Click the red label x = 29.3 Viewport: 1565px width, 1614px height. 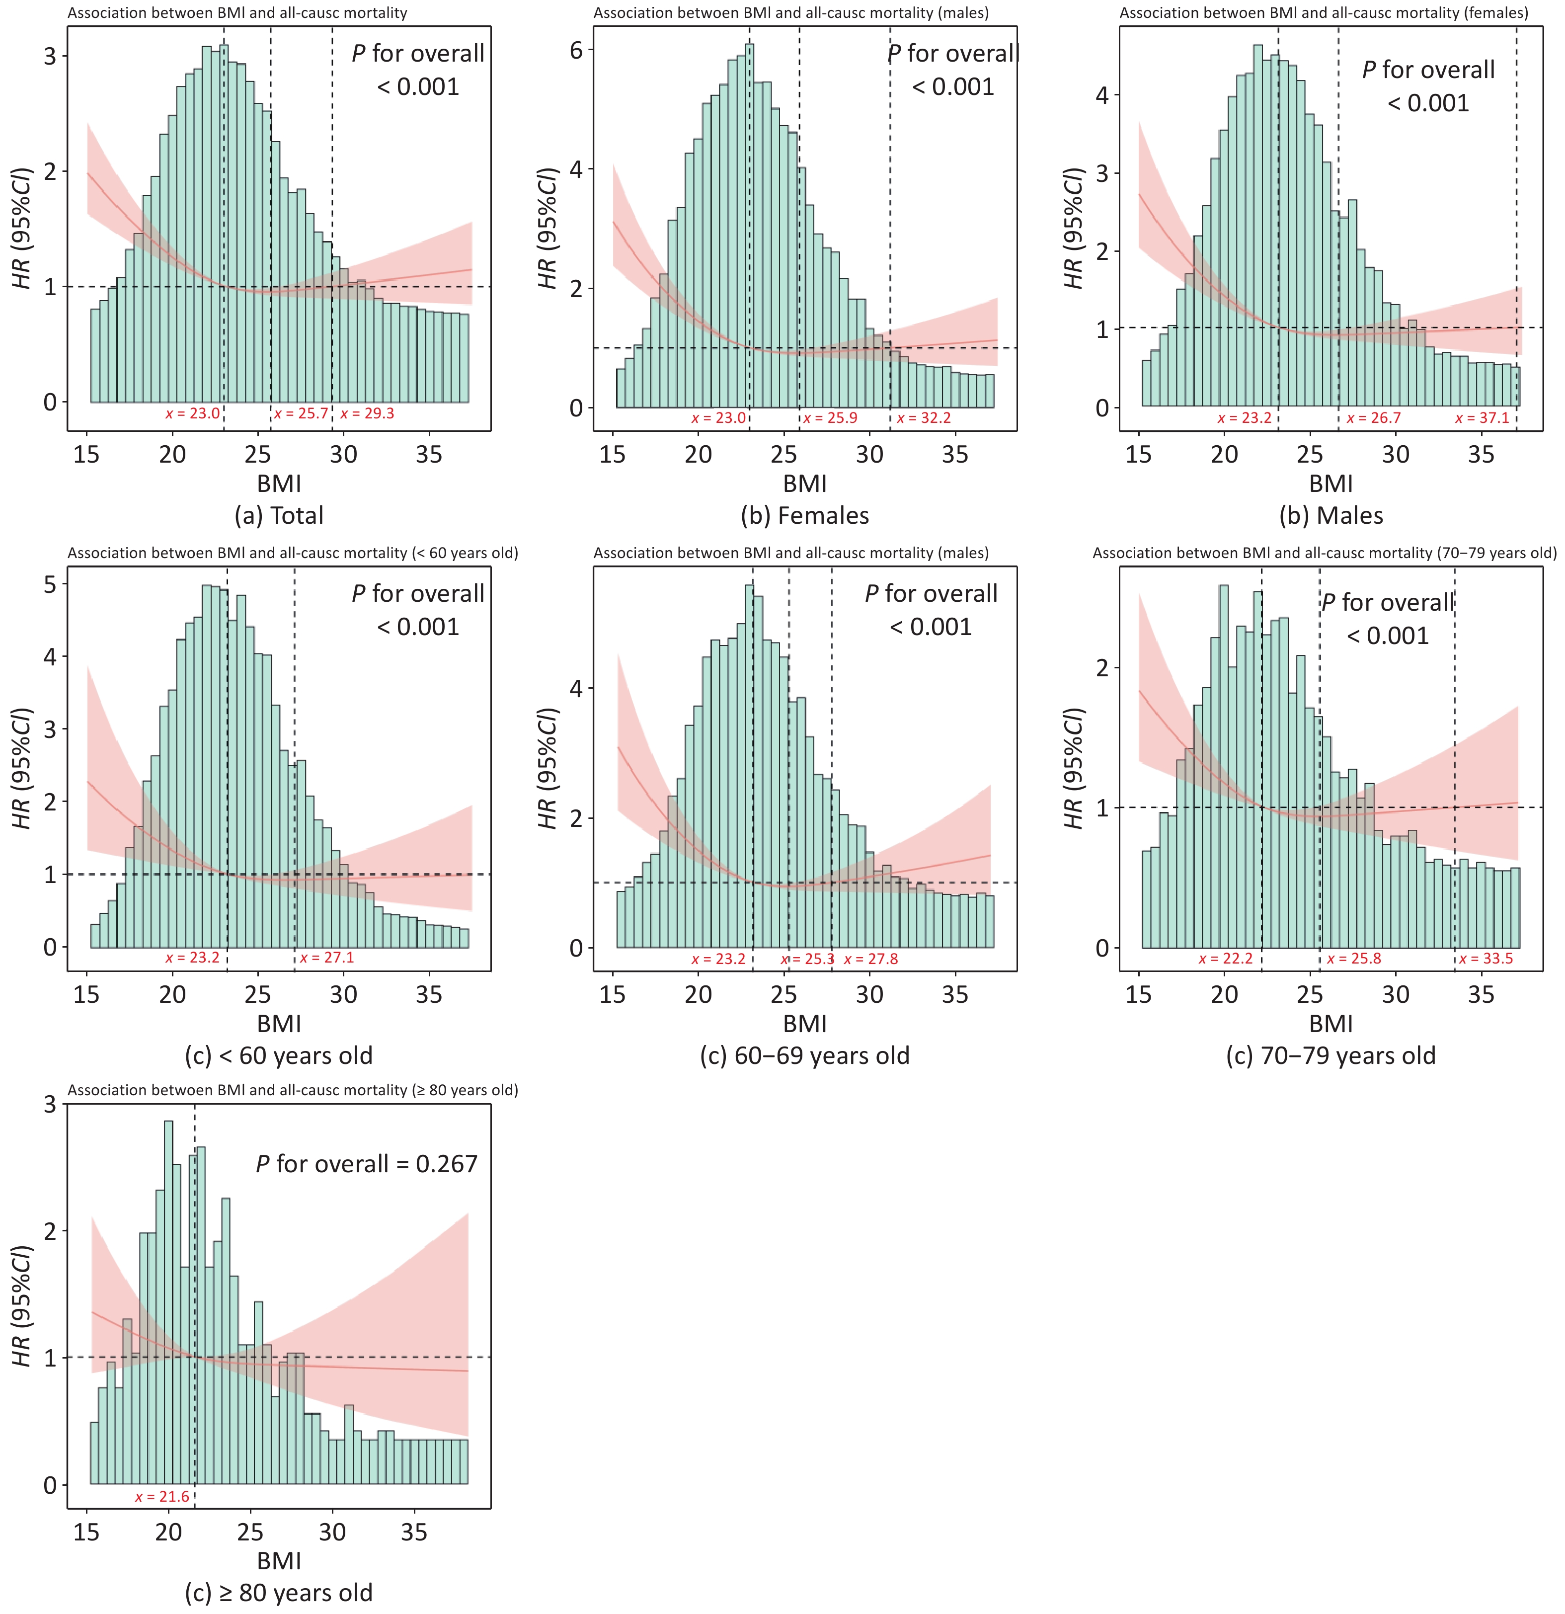pyautogui.click(x=367, y=413)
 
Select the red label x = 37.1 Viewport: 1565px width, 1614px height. pyautogui.click(x=1482, y=418)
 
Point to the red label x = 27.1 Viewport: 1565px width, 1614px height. pyautogui.click(x=327, y=958)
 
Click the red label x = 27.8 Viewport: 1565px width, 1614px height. pyautogui.click(x=871, y=960)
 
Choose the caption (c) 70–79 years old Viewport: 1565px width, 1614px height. pyautogui.click(x=1330, y=1055)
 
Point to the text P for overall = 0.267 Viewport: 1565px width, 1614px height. pyautogui.click(x=366, y=1164)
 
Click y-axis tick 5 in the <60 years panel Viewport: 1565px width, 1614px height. pyautogui.click(x=50, y=585)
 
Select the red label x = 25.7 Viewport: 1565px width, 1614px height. pyautogui.click(x=301, y=413)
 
